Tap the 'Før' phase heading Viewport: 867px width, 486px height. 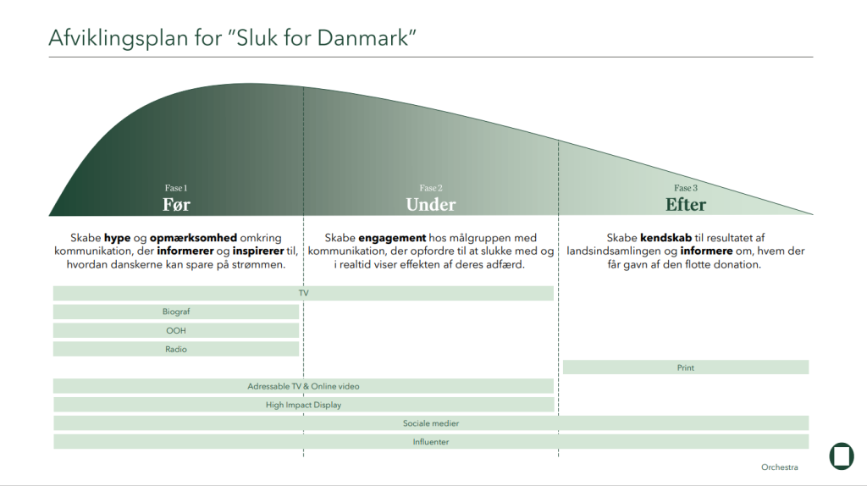176,205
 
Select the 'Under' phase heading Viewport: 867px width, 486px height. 431,205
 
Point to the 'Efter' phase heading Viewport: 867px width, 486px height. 686,205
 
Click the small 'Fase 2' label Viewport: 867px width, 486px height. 431,188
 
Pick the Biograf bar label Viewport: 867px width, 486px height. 176,312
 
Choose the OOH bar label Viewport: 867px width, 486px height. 176,331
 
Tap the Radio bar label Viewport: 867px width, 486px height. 176,350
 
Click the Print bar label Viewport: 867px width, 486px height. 686,367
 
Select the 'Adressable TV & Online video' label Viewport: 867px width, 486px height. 303,386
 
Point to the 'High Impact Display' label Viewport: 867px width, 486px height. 303,405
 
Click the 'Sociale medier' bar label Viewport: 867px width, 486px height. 431,423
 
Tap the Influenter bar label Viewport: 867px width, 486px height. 431,442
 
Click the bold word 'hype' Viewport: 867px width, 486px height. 117,238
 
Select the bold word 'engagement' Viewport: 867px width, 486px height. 392,238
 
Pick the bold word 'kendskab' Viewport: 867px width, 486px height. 665,238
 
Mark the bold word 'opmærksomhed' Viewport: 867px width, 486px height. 193,238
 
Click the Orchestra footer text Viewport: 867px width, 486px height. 780,467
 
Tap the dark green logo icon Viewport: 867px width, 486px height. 842,456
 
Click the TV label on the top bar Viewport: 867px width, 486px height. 303,293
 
